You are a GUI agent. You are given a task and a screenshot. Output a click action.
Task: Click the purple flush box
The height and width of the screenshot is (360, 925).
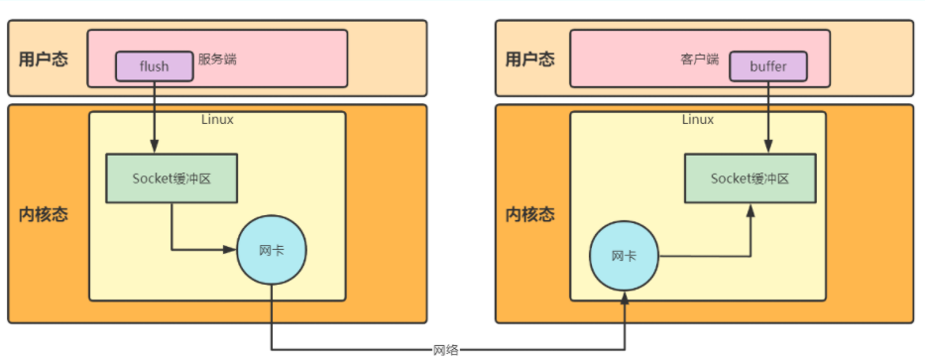[155, 66]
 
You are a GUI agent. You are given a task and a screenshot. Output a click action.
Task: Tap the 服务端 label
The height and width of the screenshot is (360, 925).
[217, 60]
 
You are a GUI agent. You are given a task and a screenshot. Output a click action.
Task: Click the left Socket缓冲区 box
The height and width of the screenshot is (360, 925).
[172, 180]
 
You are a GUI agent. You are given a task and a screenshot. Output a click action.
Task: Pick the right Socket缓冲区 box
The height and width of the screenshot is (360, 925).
[750, 180]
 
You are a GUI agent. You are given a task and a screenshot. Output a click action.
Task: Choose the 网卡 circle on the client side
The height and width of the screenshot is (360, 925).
[624, 256]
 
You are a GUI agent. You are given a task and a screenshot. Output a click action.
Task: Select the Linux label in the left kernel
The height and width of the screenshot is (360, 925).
[217, 120]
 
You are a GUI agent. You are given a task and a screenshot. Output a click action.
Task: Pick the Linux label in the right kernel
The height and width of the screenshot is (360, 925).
[698, 120]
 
